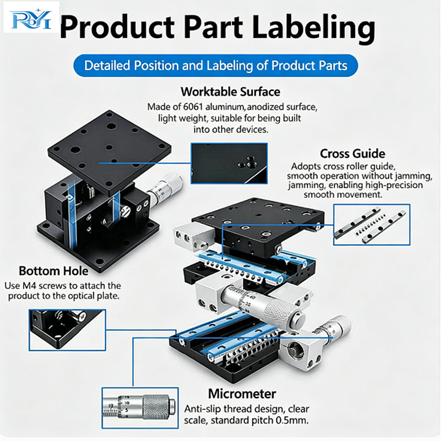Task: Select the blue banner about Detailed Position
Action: click(x=216, y=66)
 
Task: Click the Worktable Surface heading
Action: click(x=230, y=92)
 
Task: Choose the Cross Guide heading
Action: click(x=352, y=153)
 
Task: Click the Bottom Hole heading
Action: click(x=53, y=271)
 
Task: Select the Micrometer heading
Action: click(x=242, y=393)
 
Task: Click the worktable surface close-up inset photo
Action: click(x=229, y=164)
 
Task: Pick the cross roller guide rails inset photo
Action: click(x=372, y=224)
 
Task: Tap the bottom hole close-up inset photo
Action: click(x=67, y=330)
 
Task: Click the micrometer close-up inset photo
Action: click(x=140, y=408)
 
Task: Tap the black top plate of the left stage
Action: click(x=109, y=152)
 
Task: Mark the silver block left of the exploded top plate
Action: click(x=194, y=236)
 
